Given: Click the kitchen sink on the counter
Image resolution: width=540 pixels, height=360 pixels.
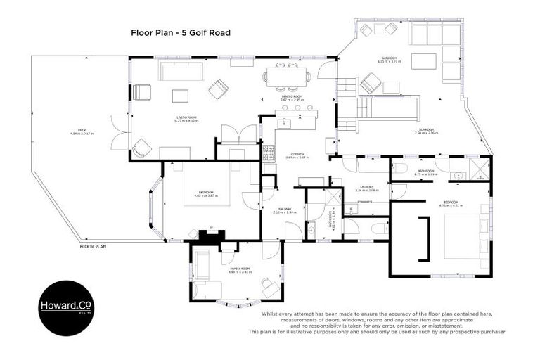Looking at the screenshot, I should click(285, 124).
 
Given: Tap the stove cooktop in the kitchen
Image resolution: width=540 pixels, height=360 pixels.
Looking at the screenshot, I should click(267, 153).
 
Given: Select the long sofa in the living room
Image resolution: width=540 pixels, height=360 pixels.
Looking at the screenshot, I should click(181, 71).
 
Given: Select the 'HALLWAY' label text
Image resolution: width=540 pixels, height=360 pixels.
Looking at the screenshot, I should click(281, 209).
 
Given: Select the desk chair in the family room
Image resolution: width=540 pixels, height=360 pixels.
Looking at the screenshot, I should click(269, 286).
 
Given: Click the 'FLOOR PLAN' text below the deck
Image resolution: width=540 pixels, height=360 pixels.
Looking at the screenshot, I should click(92, 247).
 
